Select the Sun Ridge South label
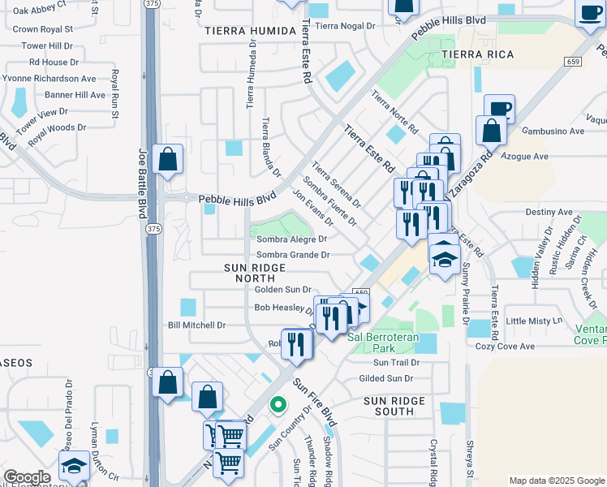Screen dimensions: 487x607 (394, 406)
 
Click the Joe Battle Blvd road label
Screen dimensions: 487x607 (143, 183)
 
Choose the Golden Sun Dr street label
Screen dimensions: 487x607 (283, 289)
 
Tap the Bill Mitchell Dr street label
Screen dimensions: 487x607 (196, 325)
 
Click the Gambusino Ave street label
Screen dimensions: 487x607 (553, 131)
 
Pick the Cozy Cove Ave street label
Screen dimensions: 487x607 (505, 347)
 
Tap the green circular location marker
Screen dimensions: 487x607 (278, 403)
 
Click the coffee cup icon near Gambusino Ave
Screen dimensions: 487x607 (500, 108)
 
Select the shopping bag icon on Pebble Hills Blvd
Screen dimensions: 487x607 (167, 159)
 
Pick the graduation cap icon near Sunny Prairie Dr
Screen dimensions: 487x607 (444, 259)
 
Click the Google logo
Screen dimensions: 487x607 (27, 477)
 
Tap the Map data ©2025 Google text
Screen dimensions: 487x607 (555, 481)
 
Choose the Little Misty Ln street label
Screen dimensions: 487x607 (533, 321)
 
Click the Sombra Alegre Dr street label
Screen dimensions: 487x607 (291, 239)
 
